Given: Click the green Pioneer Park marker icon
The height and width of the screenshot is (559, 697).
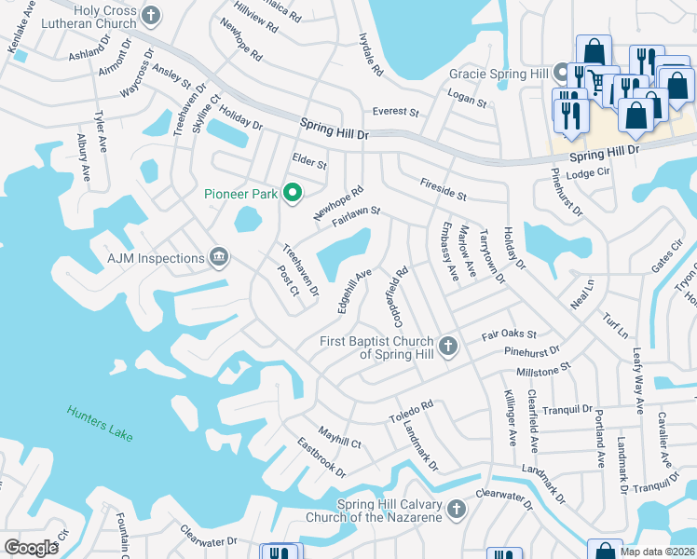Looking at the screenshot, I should pyautogui.click(x=292, y=194).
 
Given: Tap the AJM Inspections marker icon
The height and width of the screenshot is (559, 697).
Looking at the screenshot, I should pyautogui.click(x=219, y=258).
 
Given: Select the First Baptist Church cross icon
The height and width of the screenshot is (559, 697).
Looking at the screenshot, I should pyautogui.click(x=448, y=347).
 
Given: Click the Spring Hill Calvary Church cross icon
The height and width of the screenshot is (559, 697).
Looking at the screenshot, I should pyautogui.click(x=456, y=509).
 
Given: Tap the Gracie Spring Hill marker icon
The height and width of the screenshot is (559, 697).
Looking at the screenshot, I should pyautogui.click(x=561, y=72).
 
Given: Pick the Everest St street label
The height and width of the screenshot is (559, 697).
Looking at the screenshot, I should pyautogui.click(x=395, y=111).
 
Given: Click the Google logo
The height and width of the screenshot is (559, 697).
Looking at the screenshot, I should pyautogui.click(x=31, y=548).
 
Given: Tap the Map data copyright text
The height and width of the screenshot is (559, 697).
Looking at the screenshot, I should pyautogui.click(x=657, y=551).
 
